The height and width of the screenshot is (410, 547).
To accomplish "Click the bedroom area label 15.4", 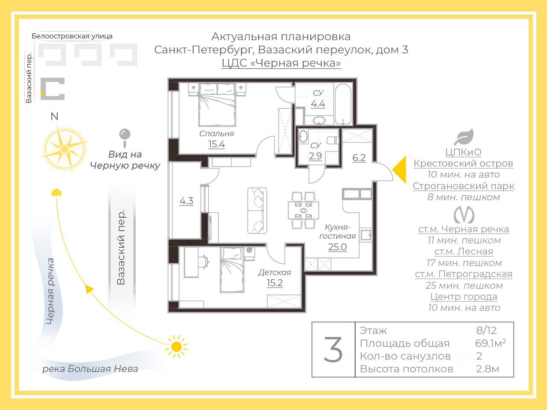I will [217, 144].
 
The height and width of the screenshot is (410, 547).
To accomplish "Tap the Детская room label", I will [274, 272].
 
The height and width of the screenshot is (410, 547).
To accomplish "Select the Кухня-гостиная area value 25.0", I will [337, 247].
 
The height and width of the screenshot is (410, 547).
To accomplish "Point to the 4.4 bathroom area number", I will [318, 104].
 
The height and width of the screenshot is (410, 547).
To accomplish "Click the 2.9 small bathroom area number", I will [315, 156].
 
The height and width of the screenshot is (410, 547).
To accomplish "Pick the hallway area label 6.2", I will [359, 158].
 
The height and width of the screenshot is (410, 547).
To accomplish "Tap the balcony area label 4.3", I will [186, 201].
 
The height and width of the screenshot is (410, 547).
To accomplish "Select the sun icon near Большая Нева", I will [176, 346].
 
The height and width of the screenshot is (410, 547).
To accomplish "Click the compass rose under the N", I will [65, 149].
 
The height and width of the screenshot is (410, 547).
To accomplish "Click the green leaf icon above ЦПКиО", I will [464, 137].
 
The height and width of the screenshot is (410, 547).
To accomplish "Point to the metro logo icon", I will [464, 214].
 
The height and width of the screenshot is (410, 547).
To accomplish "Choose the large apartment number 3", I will [333, 350].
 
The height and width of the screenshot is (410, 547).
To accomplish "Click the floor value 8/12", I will [487, 330].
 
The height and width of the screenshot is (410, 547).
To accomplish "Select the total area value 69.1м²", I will [490, 343].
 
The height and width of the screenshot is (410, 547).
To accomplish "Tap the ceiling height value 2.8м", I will [488, 369].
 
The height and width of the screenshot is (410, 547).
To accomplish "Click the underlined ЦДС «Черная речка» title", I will [281, 63].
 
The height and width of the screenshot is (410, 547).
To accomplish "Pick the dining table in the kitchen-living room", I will [303, 211].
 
